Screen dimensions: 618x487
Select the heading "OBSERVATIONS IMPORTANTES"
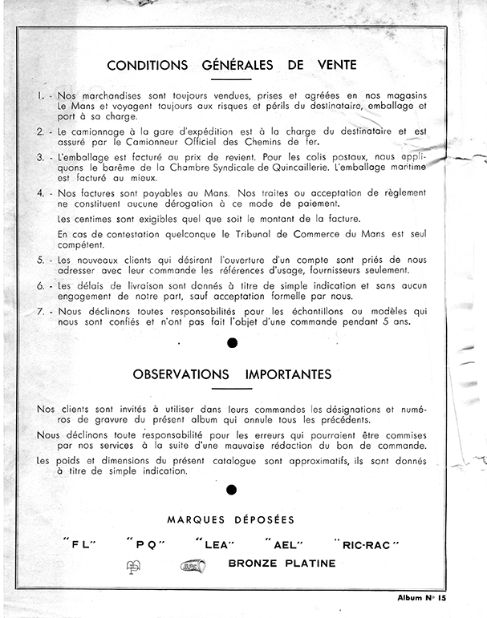point(233,374)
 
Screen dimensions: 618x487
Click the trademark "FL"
point(79,545)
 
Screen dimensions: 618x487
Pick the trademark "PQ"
point(145,545)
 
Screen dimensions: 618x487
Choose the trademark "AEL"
point(290,545)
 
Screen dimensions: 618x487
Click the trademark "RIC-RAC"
point(369,545)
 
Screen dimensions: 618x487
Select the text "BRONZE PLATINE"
point(282,563)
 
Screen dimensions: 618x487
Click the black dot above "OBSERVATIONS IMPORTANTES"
point(233,343)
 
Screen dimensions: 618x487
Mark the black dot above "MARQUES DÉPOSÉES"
point(233,490)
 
